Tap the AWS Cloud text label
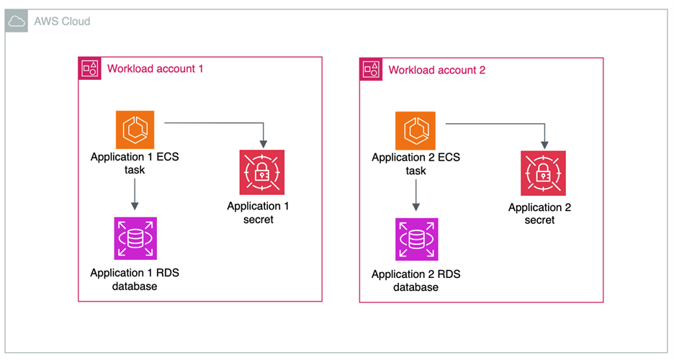tap(62, 22)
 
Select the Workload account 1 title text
tap(156, 69)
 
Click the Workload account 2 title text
tap(437, 70)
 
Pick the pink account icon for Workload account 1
tap(90, 69)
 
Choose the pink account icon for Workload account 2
tap(372, 70)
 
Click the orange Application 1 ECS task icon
tap(135, 130)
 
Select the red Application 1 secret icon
tap(262, 172)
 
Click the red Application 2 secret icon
tap(543, 173)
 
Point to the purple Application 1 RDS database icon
tap(135, 238)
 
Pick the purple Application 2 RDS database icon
tap(416, 239)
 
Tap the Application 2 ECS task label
tap(415, 164)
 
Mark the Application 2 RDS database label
tap(415, 281)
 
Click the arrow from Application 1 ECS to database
tap(135, 195)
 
